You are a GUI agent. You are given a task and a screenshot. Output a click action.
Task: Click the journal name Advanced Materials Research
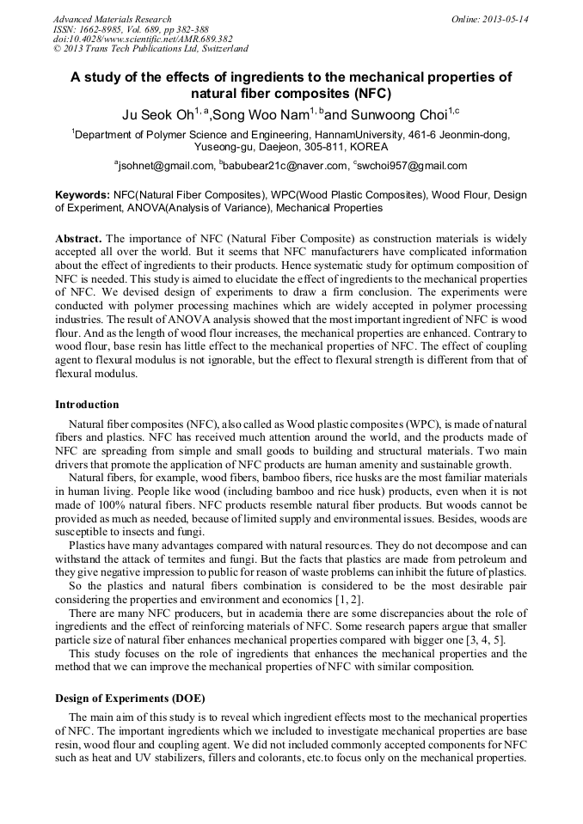tap(112, 19)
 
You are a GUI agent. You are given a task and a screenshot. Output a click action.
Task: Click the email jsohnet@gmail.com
tap(165, 165)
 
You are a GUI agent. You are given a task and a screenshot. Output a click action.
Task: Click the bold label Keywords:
tap(83, 196)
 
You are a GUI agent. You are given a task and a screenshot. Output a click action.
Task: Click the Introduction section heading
tap(87, 405)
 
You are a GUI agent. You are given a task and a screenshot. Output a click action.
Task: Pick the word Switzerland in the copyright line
tap(220, 50)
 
